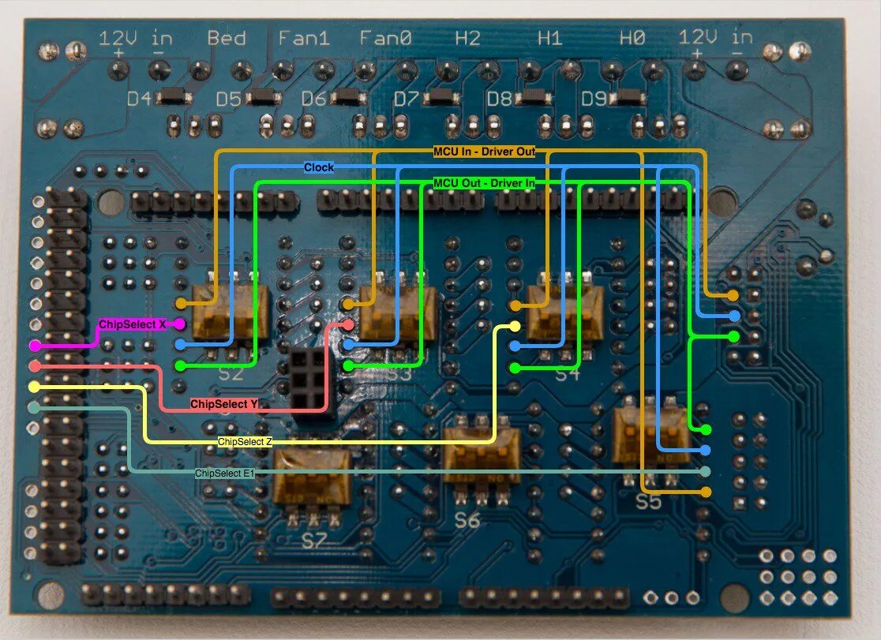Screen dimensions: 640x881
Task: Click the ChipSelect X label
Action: pos(132,324)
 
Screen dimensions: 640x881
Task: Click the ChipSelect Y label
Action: pos(224,404)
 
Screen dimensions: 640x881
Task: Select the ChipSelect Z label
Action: pos(245,442)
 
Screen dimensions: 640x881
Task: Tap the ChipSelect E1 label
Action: pos(224,473)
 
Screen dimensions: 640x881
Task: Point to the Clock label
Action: pos(319,167)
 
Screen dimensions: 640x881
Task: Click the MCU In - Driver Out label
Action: pos(489,150)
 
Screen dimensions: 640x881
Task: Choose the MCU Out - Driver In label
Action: pos(485,183)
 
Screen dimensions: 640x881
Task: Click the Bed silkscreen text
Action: pos(227,38)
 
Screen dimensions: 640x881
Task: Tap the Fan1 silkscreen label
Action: pos(304,38)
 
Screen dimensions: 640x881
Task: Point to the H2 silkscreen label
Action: pos(467,38)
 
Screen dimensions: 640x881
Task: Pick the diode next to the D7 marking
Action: pos(440,99)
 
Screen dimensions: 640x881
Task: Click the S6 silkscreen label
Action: pos(467,520)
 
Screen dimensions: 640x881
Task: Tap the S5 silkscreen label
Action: pos(648,501)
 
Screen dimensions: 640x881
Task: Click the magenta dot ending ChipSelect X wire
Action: pos(179,324)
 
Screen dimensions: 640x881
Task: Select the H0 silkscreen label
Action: pos(632,38)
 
